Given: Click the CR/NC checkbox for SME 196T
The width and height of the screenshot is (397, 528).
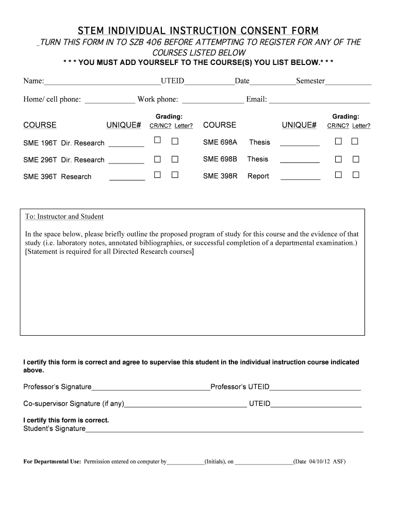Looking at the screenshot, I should [x=158, y=141].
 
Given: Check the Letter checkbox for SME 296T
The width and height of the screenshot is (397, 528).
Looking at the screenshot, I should [x=175, y=158].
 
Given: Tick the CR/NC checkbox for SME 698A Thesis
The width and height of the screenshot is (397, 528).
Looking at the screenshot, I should [x=338, y=141].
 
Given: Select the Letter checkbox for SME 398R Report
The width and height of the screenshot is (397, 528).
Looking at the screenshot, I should [x=355, y=175].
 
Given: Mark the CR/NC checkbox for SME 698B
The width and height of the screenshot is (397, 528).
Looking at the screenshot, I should [x=338, y=159].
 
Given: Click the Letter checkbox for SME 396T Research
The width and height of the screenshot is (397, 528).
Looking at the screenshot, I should [x=175, y=175].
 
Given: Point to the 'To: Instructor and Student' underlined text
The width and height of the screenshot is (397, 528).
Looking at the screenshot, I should [x=64, y=217].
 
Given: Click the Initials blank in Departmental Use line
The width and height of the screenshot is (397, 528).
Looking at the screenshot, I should [x=185, y=463].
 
